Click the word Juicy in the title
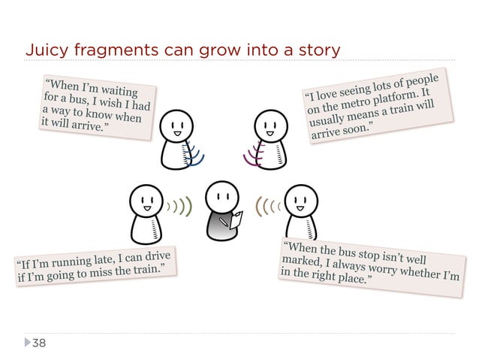pyautogui.click(x=42, y=50)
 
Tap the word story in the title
pyautogui.click(x=319, y=50)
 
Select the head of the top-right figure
pyautogui.click(x=268, y=126)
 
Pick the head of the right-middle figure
pyautogui.click(x=301, y=199)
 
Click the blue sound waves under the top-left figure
pyautogui.click(x=196, y=159)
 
